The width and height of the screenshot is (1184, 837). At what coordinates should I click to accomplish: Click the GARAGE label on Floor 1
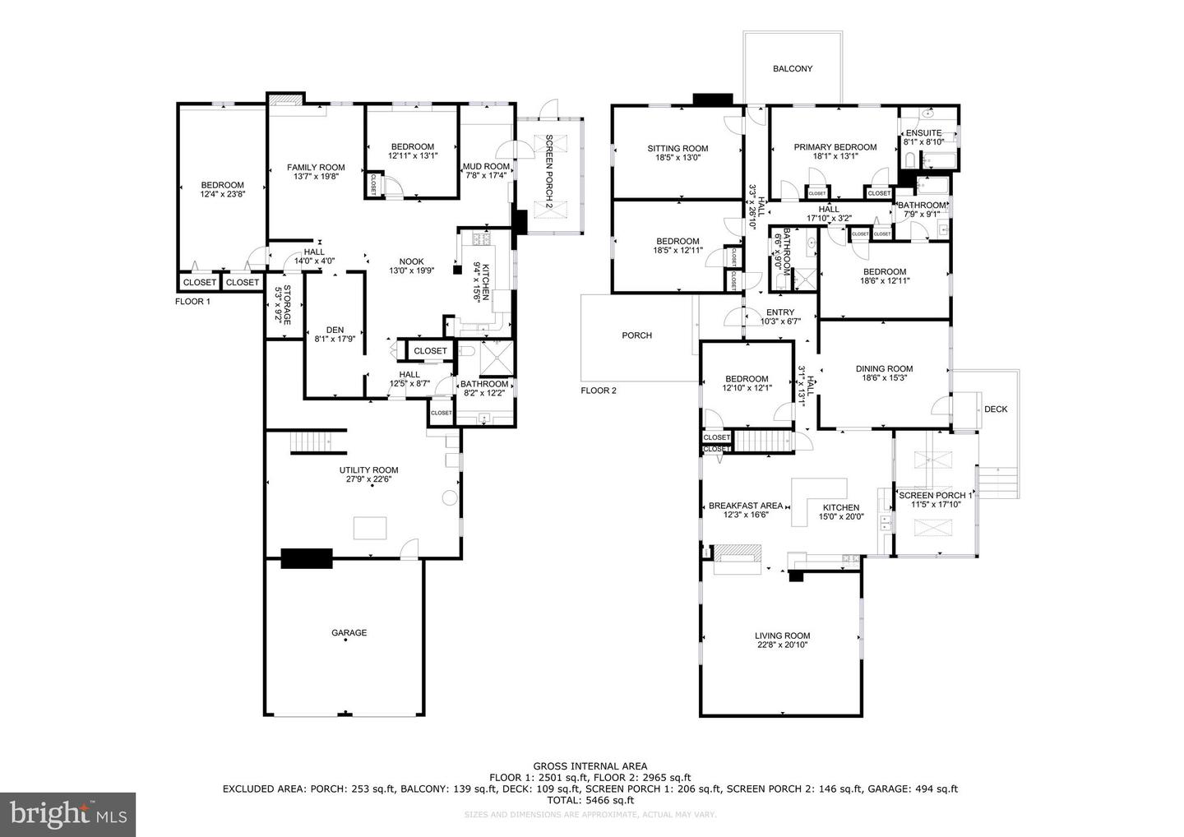349,633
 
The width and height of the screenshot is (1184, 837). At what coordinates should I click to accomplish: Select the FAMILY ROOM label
316,168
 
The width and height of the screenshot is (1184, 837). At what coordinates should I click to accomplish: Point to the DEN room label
335,330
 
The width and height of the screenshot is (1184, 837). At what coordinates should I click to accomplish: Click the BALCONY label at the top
793,69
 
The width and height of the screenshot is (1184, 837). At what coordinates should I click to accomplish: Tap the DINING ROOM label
884,369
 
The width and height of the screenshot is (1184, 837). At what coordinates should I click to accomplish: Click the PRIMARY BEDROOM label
835,147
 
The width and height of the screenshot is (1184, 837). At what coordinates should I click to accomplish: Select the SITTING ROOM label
678,149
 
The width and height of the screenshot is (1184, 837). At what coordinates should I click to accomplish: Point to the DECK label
995,409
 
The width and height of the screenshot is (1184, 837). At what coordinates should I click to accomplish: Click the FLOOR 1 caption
193,302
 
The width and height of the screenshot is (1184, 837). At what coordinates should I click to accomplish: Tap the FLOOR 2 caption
598,391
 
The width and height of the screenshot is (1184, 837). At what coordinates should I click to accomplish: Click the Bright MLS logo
68,815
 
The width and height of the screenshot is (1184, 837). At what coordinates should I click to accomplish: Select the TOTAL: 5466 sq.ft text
590,800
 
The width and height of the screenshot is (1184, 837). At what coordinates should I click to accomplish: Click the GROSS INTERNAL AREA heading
590,766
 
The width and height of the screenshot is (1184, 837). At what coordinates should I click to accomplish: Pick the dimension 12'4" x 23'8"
223,195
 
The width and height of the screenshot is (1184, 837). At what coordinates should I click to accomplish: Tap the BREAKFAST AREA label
745,506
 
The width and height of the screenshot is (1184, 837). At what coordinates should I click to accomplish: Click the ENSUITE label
923,133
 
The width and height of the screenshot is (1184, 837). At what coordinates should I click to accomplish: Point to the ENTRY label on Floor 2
779,312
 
